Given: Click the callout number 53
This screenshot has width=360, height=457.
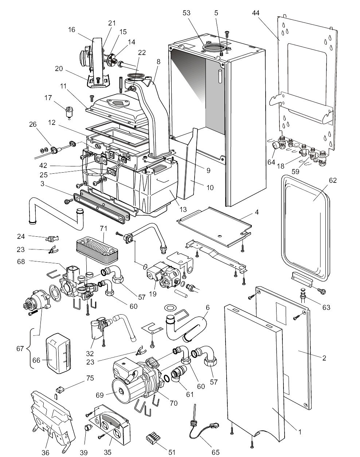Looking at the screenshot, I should tap(187, 13).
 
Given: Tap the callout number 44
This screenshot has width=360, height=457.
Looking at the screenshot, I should tap(256, 13).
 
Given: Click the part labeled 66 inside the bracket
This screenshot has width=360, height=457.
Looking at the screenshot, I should tap(58, 353).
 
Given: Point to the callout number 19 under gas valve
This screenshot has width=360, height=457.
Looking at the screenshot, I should tap(153, 293).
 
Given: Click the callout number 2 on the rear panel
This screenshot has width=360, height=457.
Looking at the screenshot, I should tap(324, 358).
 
